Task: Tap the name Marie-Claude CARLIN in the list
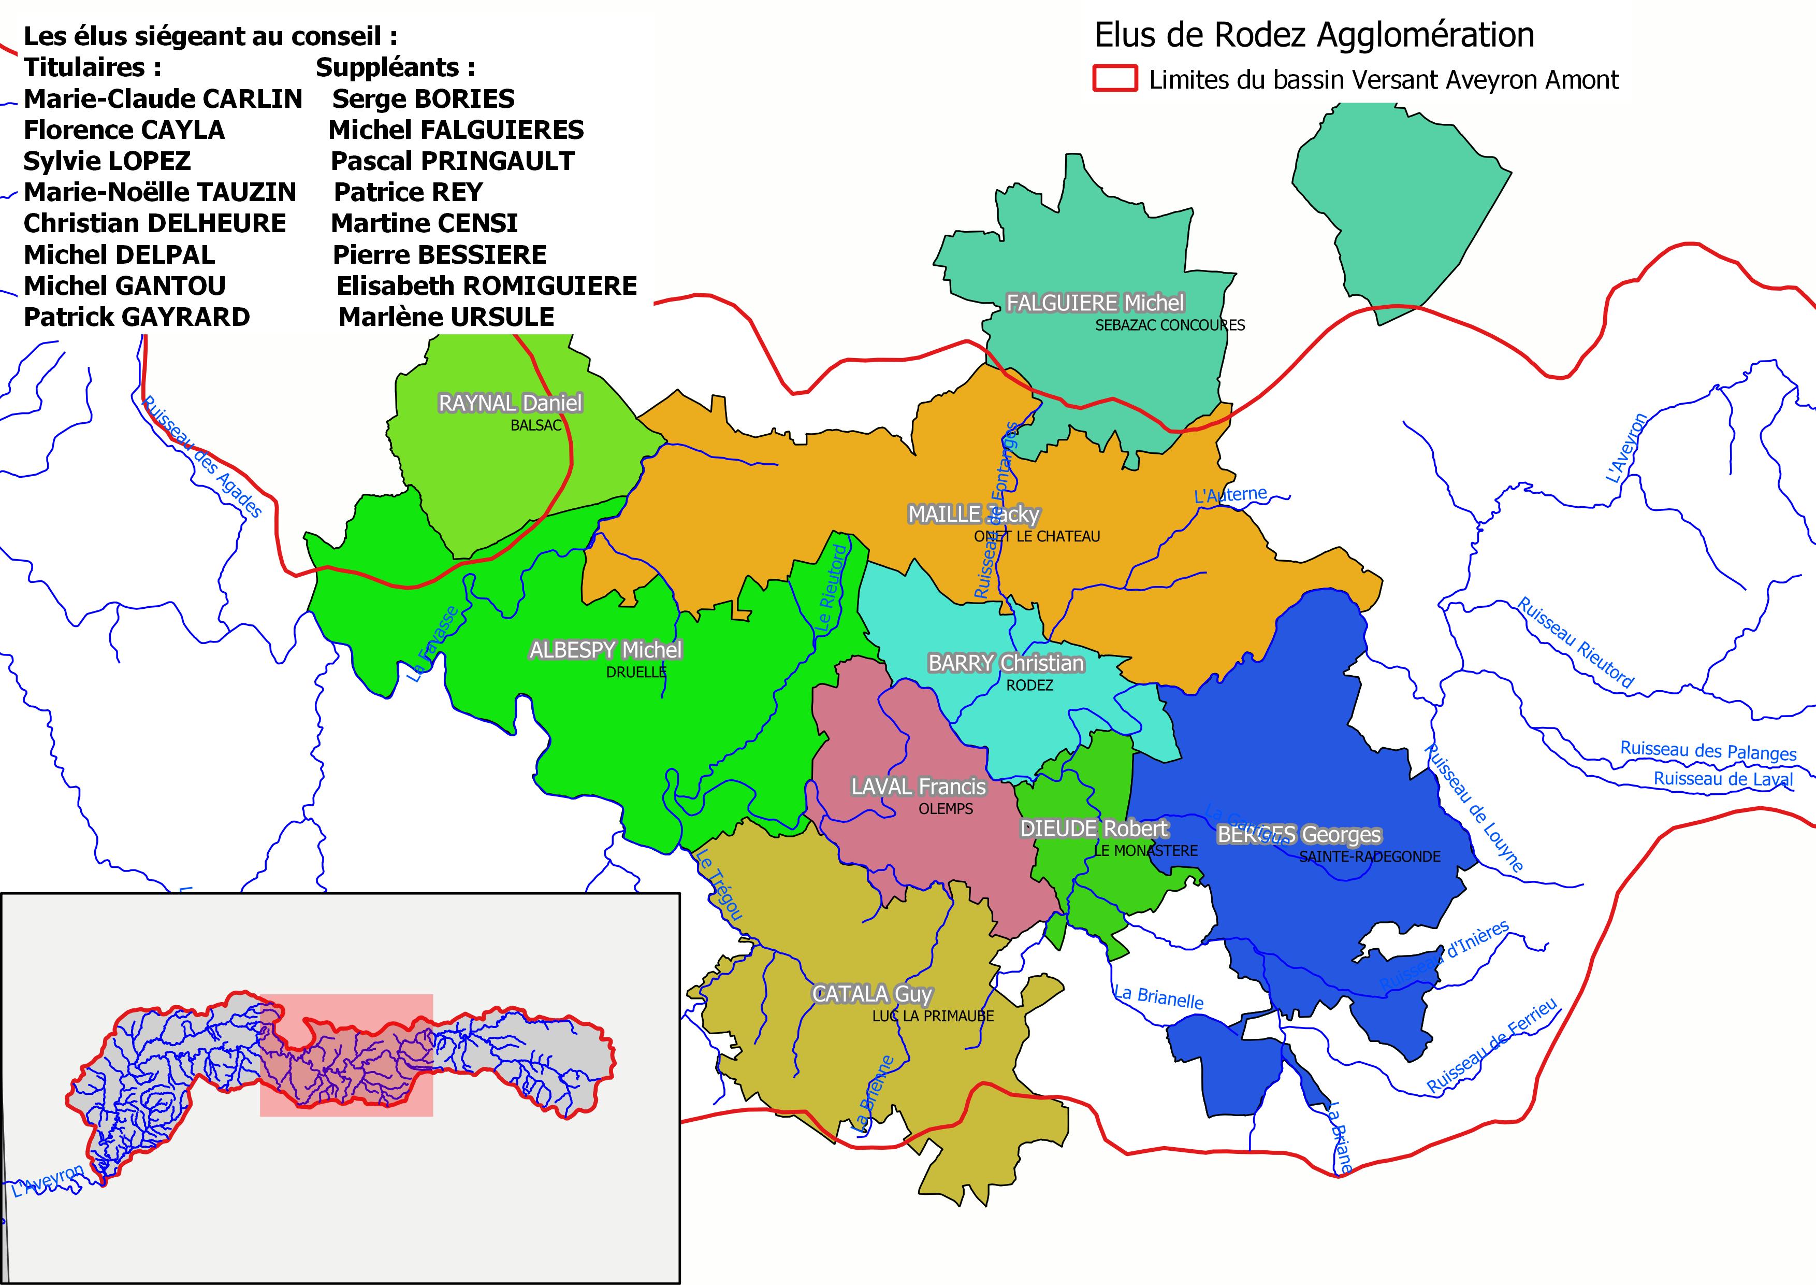(163, 99)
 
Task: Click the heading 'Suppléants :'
(396, 67)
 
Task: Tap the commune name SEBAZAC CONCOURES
(1169, 325)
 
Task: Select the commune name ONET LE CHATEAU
(1036, 536)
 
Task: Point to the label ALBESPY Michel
(605, 650)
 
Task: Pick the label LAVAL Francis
(918, 787)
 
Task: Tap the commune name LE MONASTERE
(1145, 851)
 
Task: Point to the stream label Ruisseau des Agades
(201, 458)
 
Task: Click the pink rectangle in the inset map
(346, 1055)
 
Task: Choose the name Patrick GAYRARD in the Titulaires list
(137, 317)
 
